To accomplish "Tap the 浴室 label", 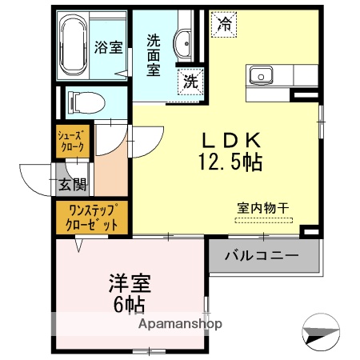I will tap(109, 47).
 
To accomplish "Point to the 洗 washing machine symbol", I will tap(191, 80).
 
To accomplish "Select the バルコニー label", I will tap(261, 256).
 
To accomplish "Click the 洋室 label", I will tap(130, 283).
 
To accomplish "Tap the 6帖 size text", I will tap(130, 304).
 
